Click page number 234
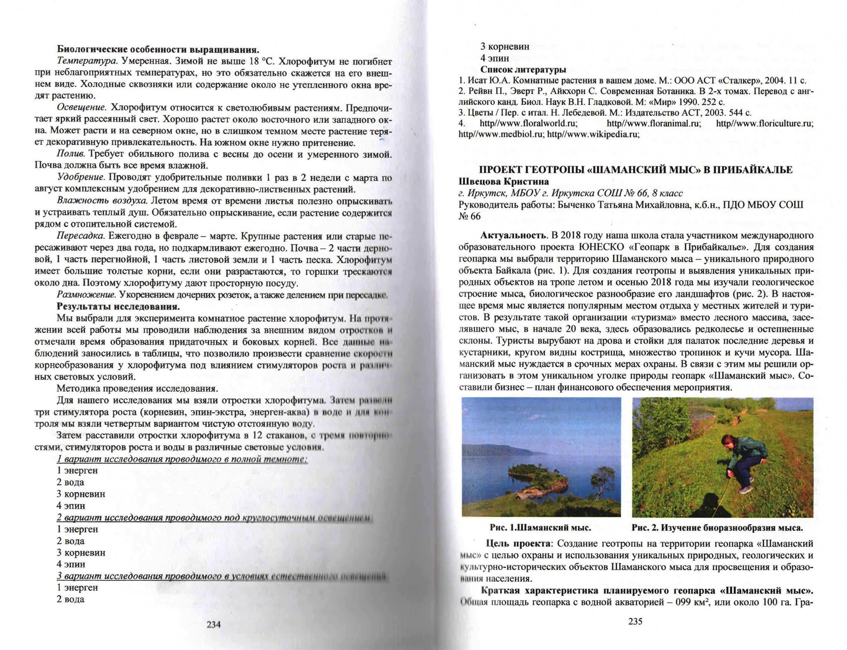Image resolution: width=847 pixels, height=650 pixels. pos(214,624)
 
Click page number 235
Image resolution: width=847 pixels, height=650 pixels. pos(635,621)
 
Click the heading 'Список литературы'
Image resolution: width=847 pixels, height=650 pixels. pos(523,69)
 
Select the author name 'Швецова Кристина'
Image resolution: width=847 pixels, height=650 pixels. pos(503,181)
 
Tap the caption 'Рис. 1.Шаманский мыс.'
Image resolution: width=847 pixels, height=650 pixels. pos(540,527)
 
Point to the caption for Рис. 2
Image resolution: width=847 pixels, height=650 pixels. pos(717,527)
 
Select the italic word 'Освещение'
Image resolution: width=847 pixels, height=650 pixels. pos(82,108)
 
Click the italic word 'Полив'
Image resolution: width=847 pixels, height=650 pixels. pos(71,154)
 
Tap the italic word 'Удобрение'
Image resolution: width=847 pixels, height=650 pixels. pos(81,177)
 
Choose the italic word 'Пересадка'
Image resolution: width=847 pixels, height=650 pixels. pos(80,236)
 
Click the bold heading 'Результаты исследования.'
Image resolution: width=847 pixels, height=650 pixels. pos(118,306)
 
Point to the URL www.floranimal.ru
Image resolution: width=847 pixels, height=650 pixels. pos(654,123)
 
